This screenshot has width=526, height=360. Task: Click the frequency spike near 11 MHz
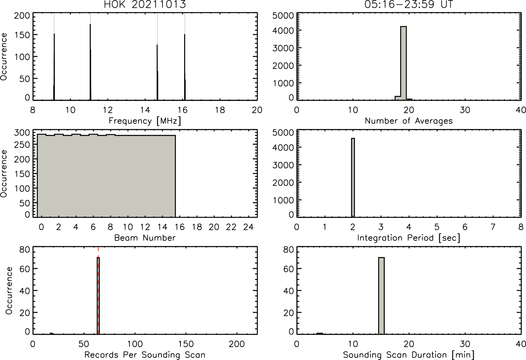[90, 62]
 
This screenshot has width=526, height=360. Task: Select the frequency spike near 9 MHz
[54, 67]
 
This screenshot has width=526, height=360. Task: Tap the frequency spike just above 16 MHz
[185, 67]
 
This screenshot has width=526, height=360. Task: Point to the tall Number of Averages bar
[404, 63]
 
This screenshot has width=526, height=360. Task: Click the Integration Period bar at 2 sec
[353, 177]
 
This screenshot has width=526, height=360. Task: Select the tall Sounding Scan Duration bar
[381, 296]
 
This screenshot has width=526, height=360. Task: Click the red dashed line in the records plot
[98, 290]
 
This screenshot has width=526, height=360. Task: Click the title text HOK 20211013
[145, 4]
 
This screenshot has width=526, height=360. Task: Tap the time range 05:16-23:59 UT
[409, 4]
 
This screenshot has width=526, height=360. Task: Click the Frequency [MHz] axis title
[145, 121]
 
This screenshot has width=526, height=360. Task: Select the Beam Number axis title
[145, 238]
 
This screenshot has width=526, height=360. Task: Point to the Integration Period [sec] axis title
[409, 238]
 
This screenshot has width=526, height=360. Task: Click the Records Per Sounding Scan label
[145, 355]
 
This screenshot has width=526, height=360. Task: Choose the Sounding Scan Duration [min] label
[409, 355]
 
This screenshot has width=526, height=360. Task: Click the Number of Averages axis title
[409, 121]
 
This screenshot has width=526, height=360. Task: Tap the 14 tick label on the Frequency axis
[145, 110]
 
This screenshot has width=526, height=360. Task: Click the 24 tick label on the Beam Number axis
[249, 227]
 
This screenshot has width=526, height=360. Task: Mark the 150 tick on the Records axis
[186, 344]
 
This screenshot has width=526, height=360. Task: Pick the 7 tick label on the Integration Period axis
[493, 227]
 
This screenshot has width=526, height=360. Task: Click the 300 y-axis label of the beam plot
[22, 133]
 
